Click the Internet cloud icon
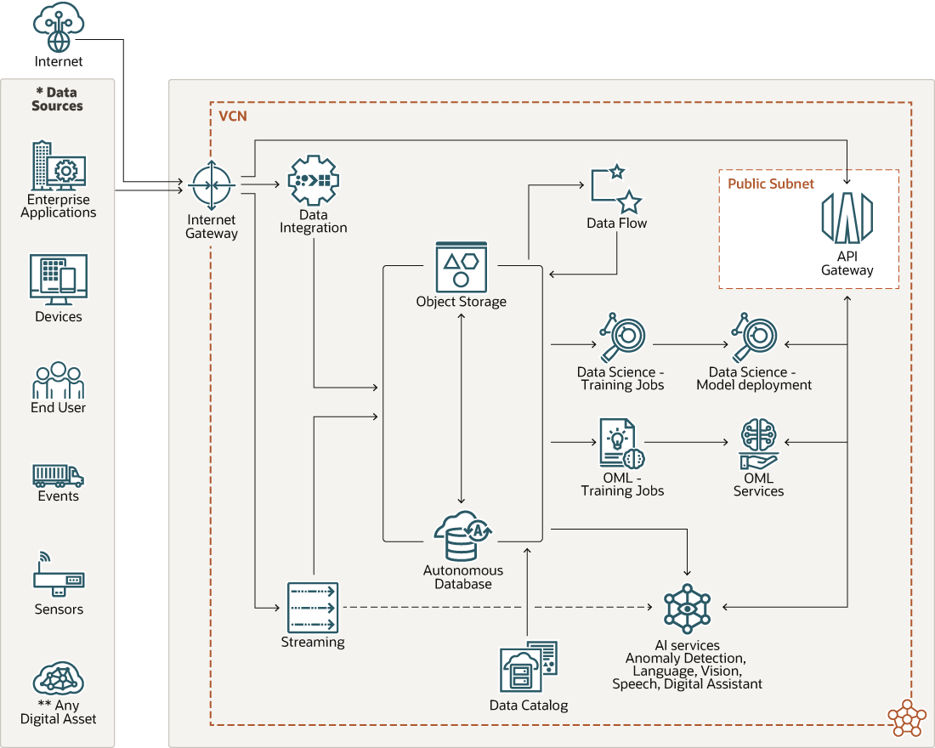coord(59,27)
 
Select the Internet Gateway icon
coord(212,185)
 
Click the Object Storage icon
coord(461,266)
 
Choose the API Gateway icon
coord(847,218)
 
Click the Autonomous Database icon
coord(460,536)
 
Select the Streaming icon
coord(313,607)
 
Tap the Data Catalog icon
coord(528,668)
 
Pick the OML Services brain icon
coord(758,444)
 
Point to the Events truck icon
coord(58,475)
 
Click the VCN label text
coord(232,116)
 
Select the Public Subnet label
coord(770,184)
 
